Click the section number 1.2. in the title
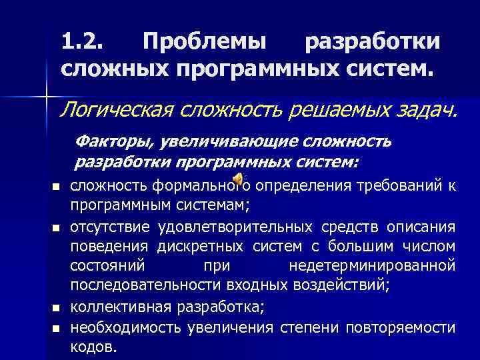[x=83, y=42]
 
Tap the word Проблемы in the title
[x=205, y=42]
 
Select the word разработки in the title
[x=372, y=42]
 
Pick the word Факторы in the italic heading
[x=105, y=142]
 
